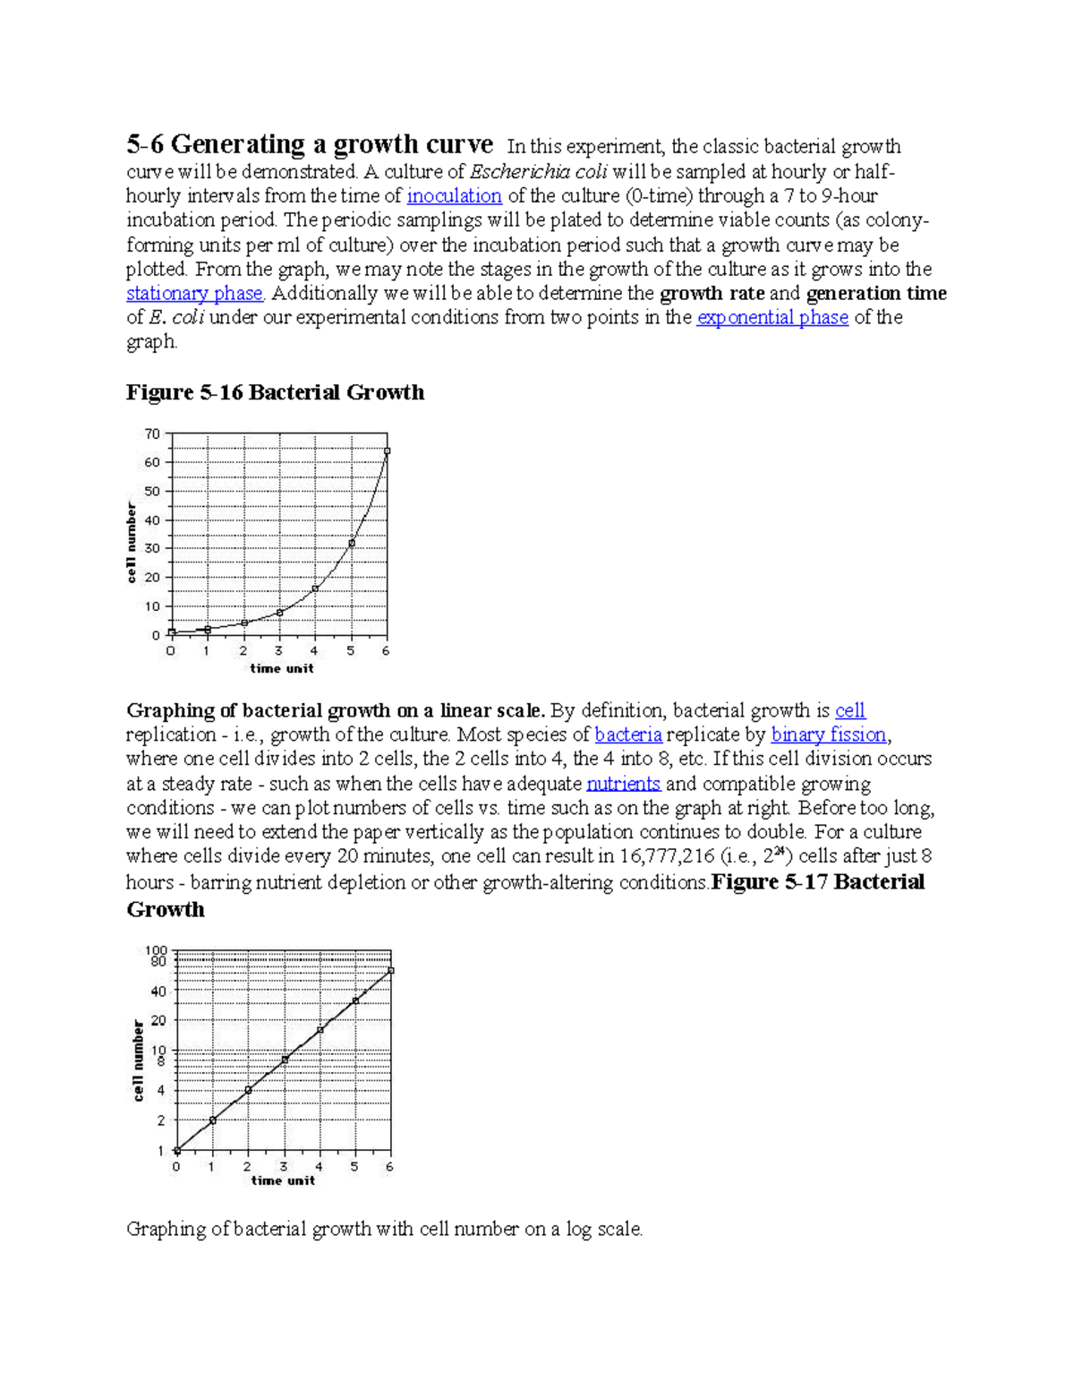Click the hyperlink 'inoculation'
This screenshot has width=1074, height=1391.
pos(454,196)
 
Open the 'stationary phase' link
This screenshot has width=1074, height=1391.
pos(194,294)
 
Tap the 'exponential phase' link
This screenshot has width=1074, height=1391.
pos(771,318)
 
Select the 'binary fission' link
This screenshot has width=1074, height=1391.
pos(828,735)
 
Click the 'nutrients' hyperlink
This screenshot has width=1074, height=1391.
pos(623,784)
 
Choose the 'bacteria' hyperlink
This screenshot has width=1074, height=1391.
pos(628,735)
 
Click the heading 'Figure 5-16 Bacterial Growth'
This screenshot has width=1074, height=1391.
pos(275,392)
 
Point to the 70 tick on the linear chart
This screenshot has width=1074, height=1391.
pos(152,434)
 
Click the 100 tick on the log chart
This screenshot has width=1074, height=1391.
pos(157,950)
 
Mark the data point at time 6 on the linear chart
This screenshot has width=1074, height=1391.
pos(387,451)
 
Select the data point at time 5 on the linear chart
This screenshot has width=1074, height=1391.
pos(352,543)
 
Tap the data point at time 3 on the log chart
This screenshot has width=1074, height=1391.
pos(285,1060)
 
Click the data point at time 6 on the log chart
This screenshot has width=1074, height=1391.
pos(391,971)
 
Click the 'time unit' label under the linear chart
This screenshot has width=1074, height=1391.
pos(281,668)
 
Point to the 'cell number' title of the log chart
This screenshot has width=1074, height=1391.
pos(139,1060)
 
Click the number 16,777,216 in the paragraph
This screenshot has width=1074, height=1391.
pos(663,857)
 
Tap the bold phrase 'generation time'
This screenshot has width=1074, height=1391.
pos(875,294)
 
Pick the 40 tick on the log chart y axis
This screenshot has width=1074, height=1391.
pos(158,992)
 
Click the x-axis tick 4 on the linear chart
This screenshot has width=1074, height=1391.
pos(314,651)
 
